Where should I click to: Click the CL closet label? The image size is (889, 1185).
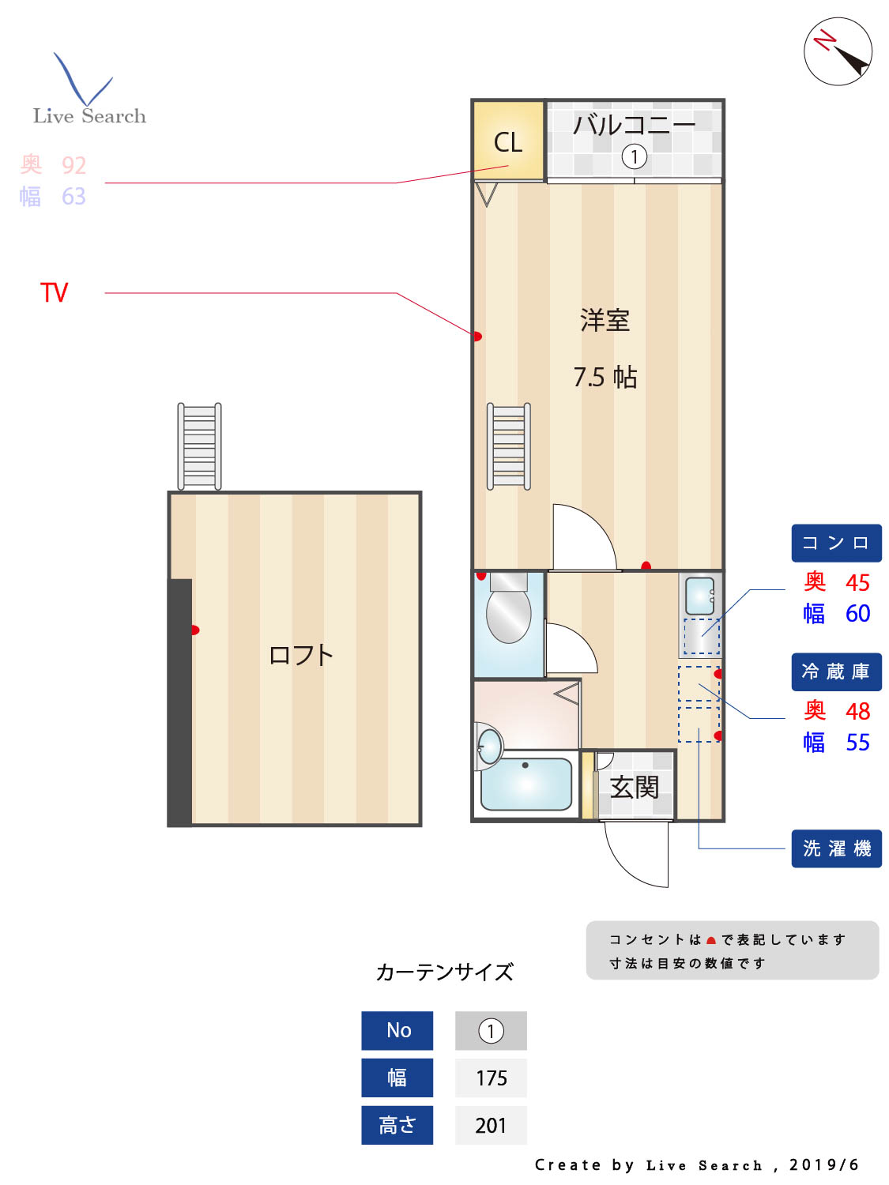508,142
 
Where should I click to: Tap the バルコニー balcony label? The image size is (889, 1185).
634,125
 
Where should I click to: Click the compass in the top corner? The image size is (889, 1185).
838,51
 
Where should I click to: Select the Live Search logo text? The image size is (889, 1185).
89,116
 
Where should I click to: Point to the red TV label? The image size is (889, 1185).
55,293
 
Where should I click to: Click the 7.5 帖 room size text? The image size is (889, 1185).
605,377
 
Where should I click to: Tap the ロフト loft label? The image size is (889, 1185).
301,655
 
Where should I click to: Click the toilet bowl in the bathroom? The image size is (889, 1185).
508,615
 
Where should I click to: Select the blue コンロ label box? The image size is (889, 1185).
836,544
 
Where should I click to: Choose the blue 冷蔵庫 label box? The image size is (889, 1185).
836,672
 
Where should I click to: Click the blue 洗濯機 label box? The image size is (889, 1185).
836,848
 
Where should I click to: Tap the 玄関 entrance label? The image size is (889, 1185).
634,787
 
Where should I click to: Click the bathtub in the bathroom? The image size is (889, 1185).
526,784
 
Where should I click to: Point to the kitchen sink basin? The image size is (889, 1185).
699,596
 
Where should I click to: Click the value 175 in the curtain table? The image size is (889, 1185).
491,1078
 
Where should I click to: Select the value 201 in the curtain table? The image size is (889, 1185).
491,1125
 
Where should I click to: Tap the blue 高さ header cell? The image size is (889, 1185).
397,1125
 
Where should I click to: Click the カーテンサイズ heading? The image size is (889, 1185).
445,972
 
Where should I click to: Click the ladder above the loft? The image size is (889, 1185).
199,446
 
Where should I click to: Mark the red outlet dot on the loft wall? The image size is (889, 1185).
194,630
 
